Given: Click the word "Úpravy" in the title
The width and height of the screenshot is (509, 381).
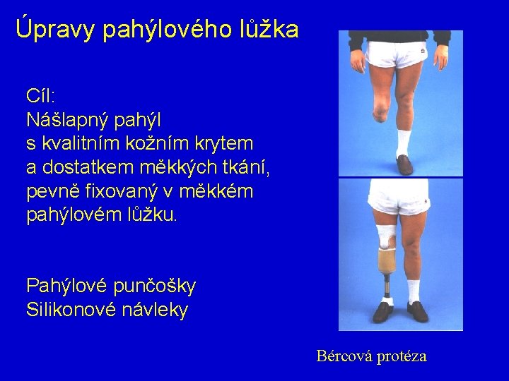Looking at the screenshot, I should pyautogui.click(x=55, y=29).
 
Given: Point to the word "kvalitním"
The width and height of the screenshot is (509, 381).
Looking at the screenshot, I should pyautogui.click(x=91, y=143).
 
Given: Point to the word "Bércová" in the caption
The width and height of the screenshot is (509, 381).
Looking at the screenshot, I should pyautogui.click(x=342, y=356).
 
